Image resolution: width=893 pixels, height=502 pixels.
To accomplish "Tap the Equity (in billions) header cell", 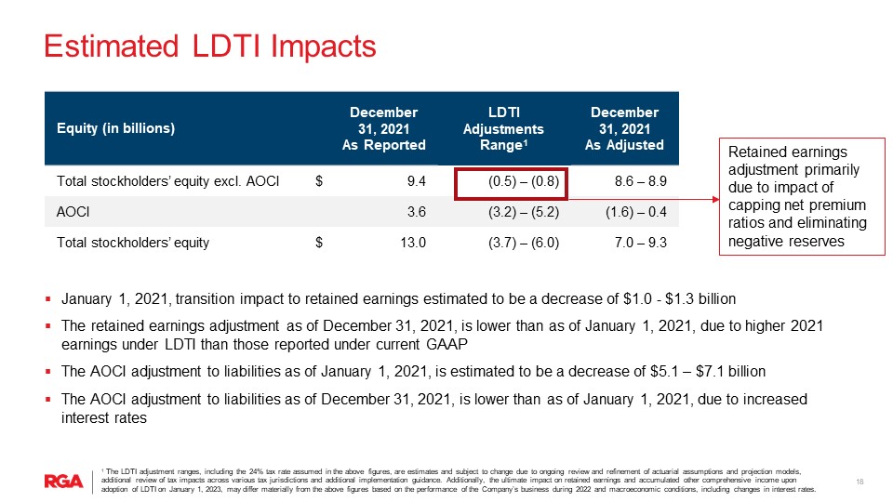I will tap(116, 128).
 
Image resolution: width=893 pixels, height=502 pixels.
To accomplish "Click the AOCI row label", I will tap(74, 212).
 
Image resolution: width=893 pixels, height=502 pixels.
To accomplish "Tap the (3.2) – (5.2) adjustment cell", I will tap(524, 212).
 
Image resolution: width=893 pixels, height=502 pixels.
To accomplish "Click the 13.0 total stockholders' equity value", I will tap(413, 243).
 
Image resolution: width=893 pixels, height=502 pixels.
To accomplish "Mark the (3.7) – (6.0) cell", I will tap(524, 243).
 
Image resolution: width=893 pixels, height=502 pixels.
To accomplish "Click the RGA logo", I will tap(64, 480).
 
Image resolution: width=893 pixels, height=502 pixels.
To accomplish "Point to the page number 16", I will tap(860, 481).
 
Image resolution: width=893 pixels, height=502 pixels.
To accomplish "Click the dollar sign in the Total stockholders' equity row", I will tap(319, 243).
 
